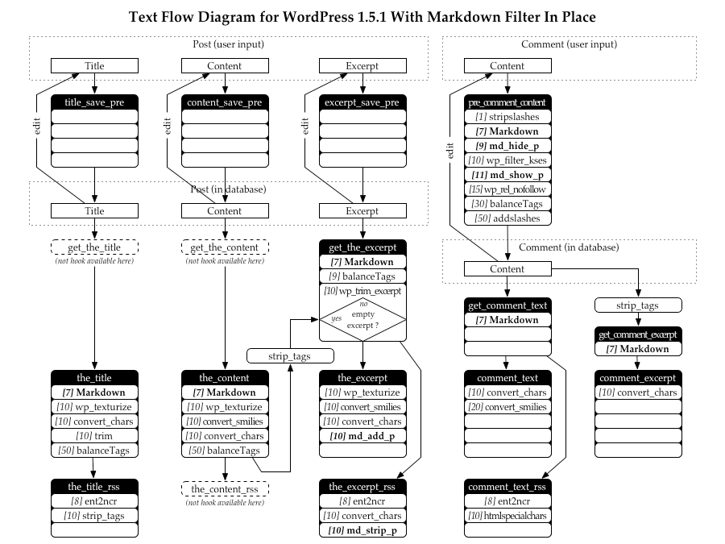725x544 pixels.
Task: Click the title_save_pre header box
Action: point(95,102)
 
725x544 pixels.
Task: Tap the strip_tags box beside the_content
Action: point(289,355)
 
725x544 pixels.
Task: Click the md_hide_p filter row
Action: point(507,146)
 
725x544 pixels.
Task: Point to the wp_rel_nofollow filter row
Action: point(507,189)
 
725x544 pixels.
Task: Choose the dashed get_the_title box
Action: point(95,247)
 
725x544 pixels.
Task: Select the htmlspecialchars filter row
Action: point(507,516)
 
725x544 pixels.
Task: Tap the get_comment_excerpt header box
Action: point(637,334)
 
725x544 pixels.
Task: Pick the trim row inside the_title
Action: point(95,436)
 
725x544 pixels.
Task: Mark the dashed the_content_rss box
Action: point(225,488)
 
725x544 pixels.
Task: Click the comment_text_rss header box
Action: point(507,487)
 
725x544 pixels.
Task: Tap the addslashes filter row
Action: point(507,218)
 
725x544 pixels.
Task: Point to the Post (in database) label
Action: point(228,189)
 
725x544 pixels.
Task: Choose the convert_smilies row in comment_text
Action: point(507,407)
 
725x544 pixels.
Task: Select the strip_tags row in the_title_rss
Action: point(95,516)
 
